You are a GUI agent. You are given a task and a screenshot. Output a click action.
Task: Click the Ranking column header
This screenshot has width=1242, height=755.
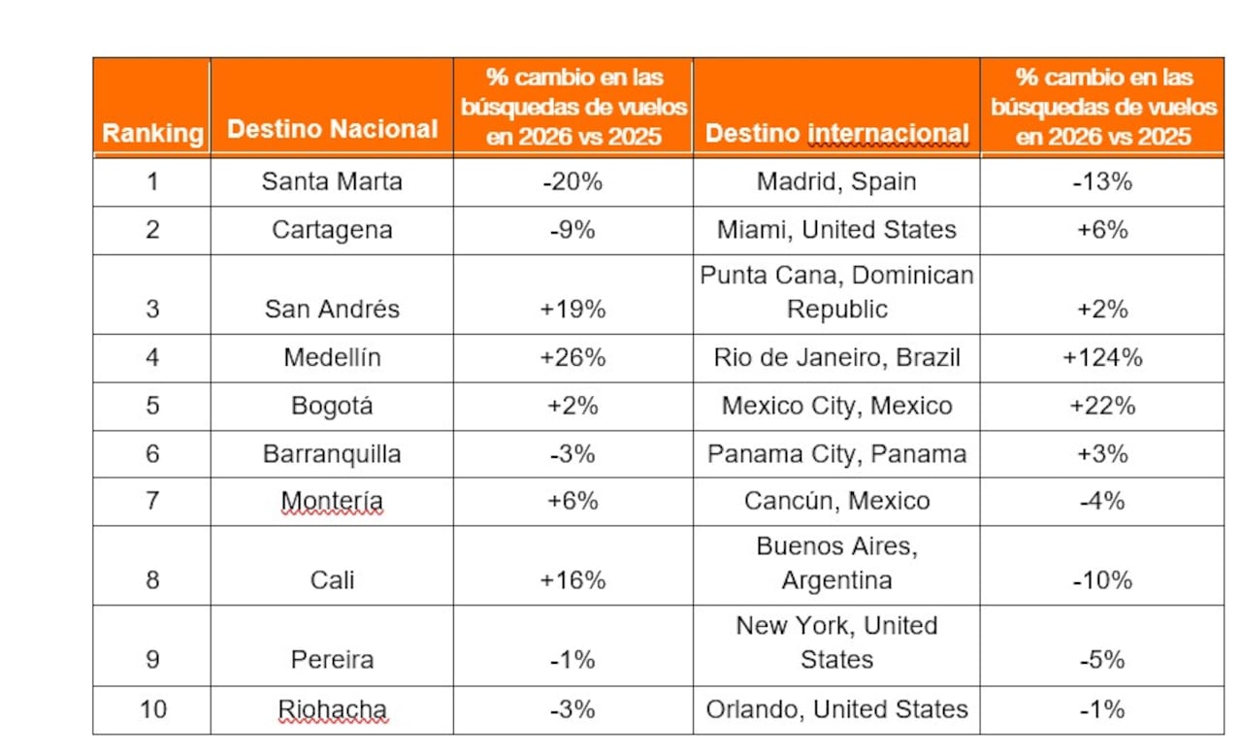[152, 133]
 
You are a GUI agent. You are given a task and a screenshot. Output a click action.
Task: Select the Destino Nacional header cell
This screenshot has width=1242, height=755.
[332, 129]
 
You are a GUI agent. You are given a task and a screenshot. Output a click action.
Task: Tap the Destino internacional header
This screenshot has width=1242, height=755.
[836, 133]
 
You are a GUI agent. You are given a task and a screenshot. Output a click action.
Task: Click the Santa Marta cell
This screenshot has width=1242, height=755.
[332, 181]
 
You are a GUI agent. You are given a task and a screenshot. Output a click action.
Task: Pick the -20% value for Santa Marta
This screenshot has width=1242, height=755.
[572, 181]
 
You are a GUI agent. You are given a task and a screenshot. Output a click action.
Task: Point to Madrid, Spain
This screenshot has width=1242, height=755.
[836, 181]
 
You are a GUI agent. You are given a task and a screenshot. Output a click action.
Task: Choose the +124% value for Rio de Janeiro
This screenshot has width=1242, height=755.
[1102, 357]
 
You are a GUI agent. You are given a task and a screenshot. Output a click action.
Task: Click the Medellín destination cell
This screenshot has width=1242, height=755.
[332, 357]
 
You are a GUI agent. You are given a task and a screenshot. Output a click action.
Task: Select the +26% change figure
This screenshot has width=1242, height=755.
[572, 357]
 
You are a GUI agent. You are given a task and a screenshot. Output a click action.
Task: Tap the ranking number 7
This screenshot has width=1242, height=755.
[152, 501]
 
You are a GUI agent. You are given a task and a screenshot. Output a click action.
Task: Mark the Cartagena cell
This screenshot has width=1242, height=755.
[332, 230]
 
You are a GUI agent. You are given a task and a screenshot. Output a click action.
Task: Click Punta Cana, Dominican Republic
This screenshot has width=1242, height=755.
[836, 292]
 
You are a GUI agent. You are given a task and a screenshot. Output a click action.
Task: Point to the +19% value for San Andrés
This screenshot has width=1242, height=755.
[572, 309]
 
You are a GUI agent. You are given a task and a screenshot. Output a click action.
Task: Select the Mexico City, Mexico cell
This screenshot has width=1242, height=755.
[836, 406]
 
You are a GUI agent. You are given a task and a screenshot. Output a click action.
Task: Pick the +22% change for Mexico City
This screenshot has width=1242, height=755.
[1102, 406]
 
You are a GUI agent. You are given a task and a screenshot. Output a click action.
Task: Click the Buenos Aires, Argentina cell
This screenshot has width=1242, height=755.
[836, 563]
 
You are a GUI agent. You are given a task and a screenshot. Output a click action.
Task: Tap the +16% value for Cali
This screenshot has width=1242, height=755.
[572, 580]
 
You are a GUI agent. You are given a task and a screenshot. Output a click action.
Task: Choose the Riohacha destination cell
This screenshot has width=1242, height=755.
[332, 709]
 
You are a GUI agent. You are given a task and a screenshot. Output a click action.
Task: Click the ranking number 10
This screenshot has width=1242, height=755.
[152, 709]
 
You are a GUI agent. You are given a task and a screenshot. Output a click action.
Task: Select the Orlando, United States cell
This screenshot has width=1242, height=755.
[836, 709]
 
